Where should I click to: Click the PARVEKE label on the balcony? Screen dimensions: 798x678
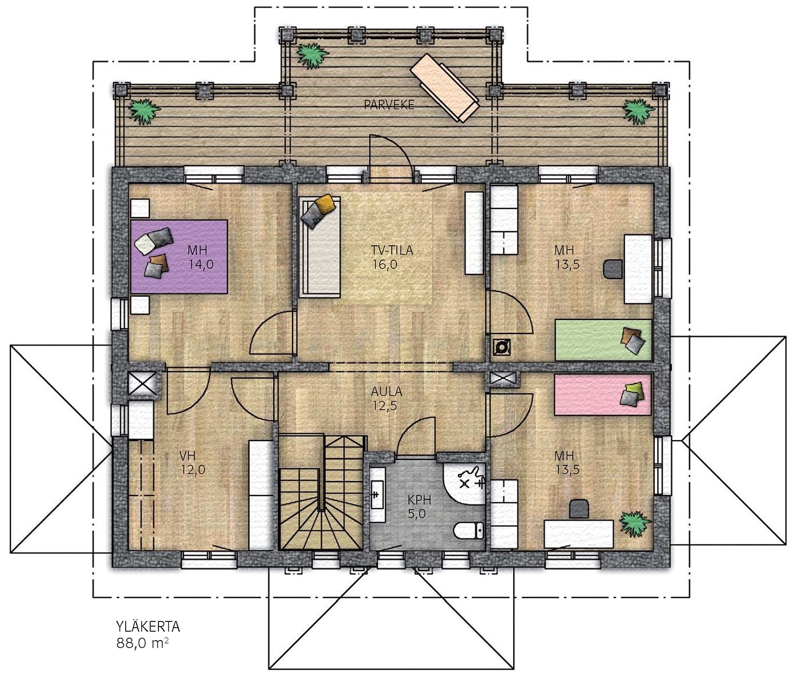(389, 104)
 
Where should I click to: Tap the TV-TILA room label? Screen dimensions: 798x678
(392, 250)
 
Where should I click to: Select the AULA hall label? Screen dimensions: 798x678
(387, 392)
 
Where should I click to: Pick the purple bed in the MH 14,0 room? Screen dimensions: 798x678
(179, 257)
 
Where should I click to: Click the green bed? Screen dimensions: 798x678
(603, 340)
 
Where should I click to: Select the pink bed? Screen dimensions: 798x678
(603, 394)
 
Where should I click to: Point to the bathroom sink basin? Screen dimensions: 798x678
(377, 495)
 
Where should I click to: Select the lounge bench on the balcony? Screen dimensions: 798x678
(445, 88)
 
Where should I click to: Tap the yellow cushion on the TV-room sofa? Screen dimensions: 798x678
(325, 204)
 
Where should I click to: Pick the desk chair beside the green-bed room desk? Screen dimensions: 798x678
(613, 269)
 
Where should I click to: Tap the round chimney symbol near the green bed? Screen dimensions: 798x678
(502, 347)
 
